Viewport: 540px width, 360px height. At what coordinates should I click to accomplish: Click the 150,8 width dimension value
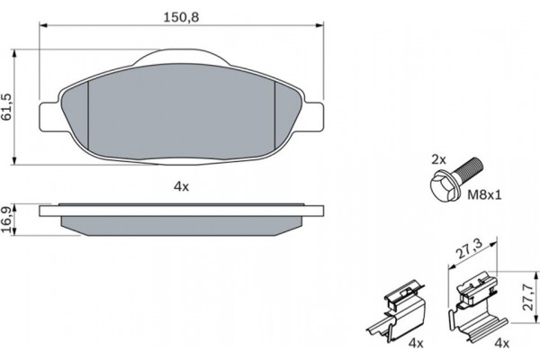[181, 17]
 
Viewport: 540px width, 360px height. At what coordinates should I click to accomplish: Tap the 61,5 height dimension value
[7, 107]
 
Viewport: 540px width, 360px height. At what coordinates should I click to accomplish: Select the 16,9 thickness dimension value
[7, 218]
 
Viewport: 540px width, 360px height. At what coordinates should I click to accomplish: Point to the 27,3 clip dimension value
[469, 248]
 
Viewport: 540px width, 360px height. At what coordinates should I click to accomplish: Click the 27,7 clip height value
[527, 297]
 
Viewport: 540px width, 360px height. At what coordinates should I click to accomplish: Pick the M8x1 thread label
[484, 195]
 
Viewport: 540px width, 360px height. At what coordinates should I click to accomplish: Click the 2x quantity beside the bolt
[439, 159]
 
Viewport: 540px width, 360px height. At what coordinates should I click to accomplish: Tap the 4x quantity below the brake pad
[181, 186]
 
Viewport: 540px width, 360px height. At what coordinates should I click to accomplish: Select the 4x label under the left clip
[416, 343]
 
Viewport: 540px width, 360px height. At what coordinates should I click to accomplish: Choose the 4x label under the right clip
[501, 343]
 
